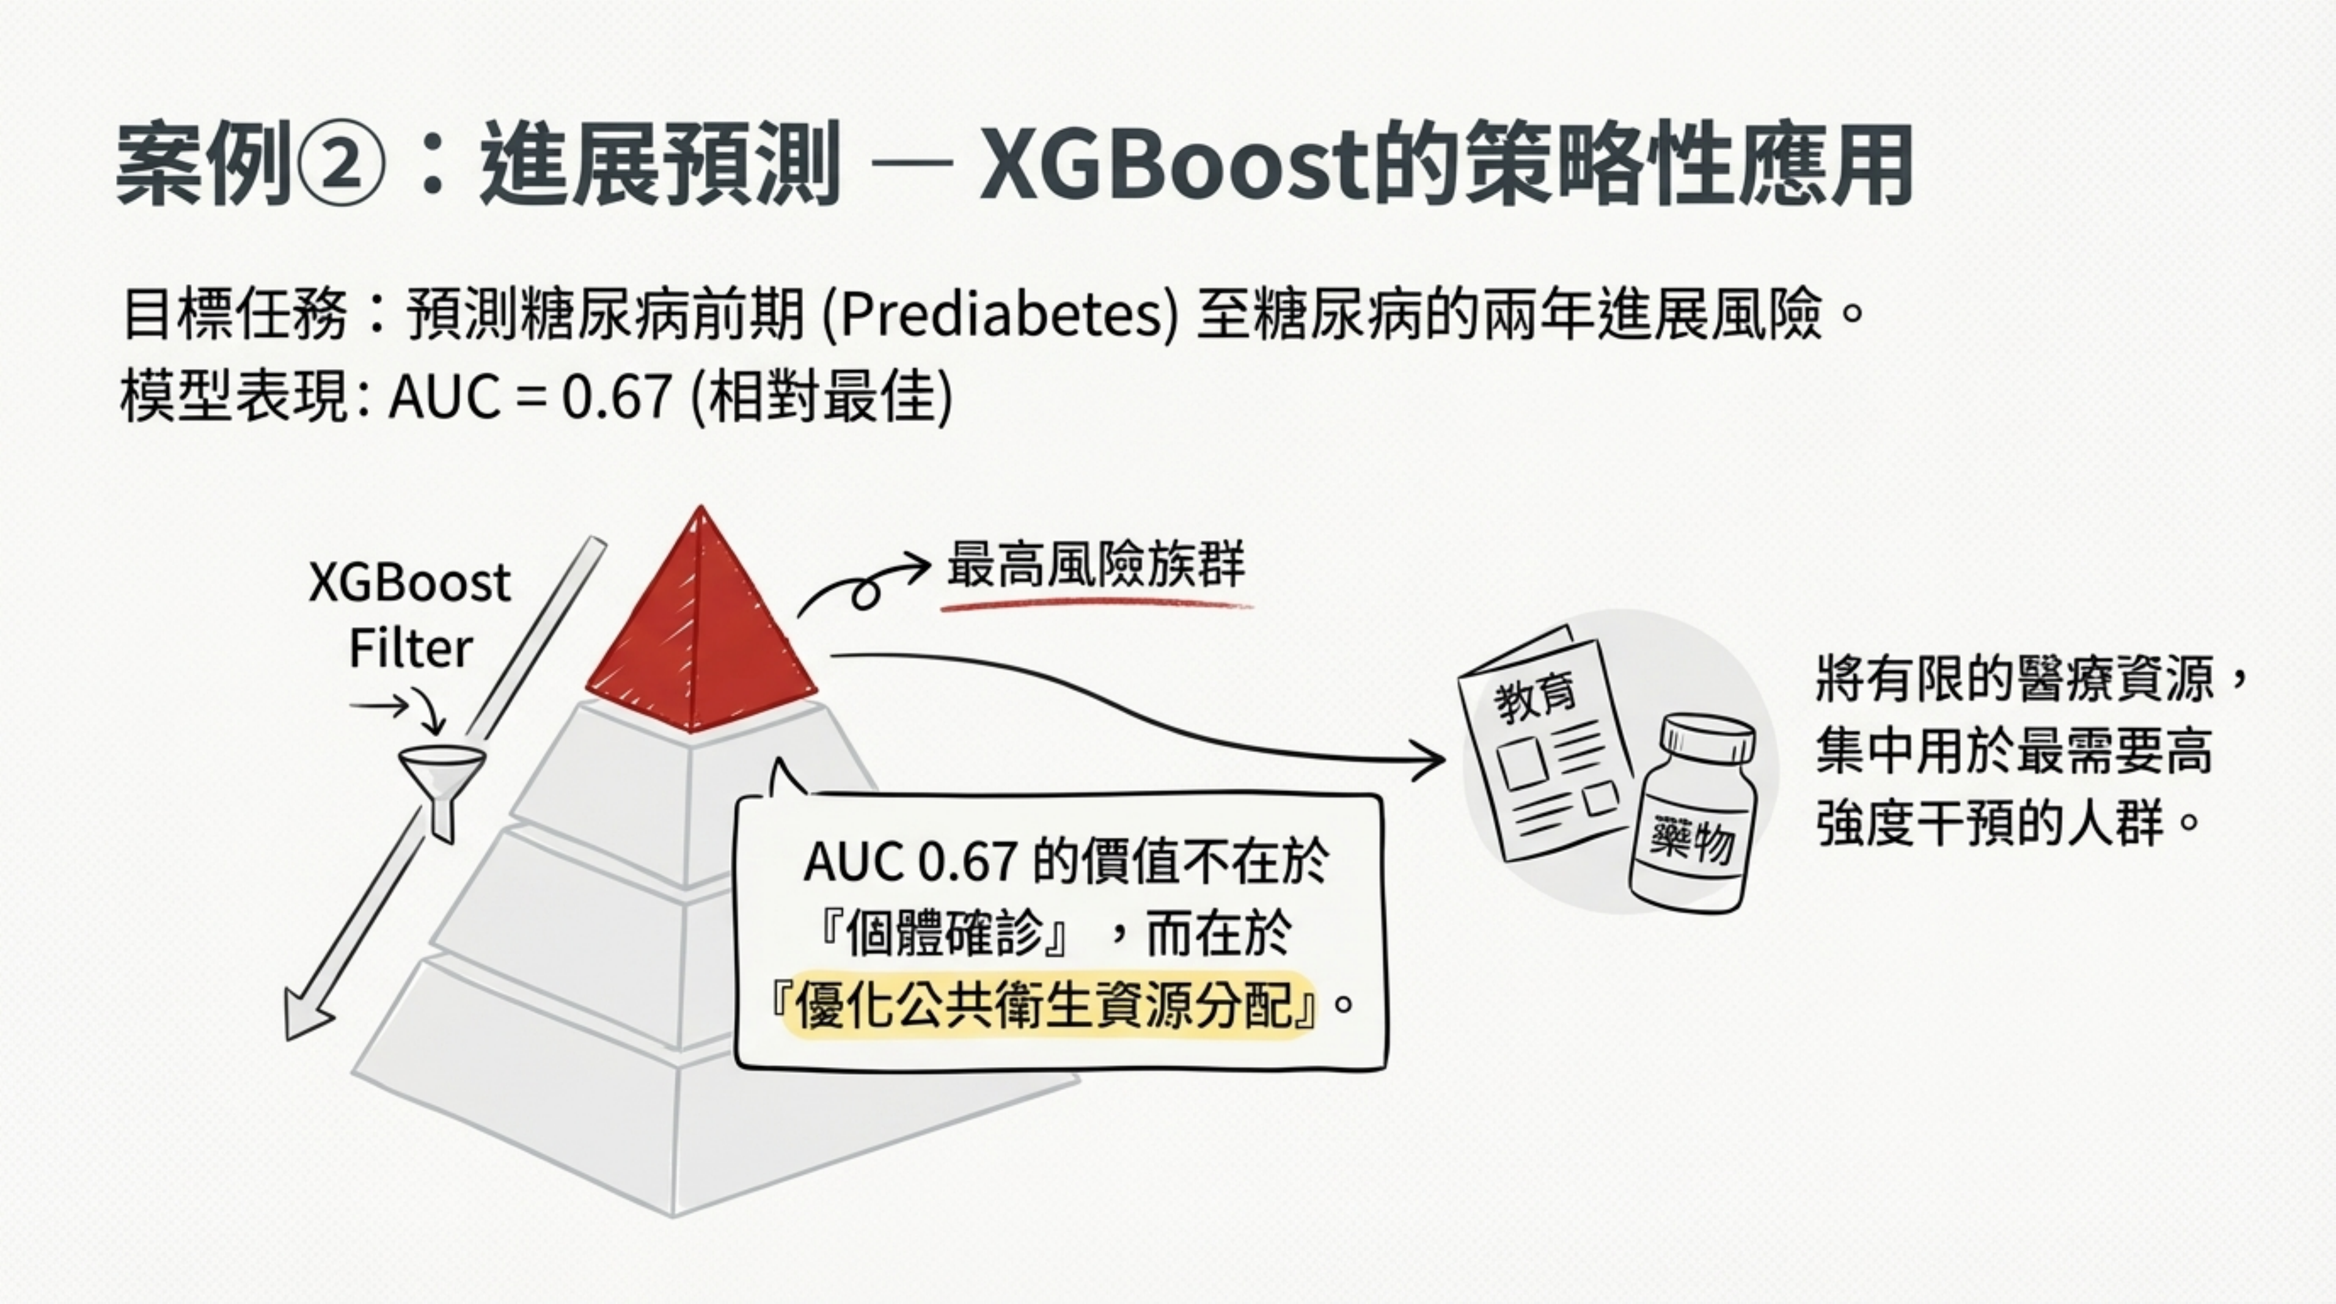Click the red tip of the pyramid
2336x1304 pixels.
pyautogui.click(x=700, y=626)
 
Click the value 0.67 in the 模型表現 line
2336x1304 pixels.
pyautogui.click(x=617, y=397)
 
